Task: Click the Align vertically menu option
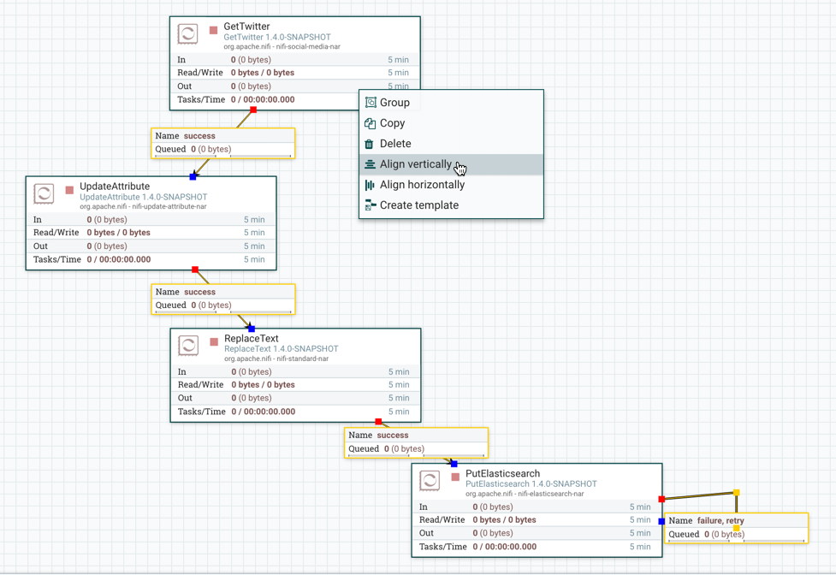[416, 164]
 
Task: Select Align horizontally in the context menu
[422, 185]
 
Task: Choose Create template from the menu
[418, 205]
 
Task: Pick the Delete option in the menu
[395, 144]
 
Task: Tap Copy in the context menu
[392, 123]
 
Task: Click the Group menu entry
[394, 103]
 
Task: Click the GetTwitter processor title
[246, 27]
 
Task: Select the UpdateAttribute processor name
[115, 187]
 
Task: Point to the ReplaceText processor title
[252, 339]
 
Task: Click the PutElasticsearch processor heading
[502, 473]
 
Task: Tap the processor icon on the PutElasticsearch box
[430, 481]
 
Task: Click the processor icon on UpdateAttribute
[44, 193]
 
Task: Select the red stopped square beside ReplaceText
[214, 342]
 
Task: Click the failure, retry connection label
[720, 520]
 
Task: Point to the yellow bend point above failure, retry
[736, 493]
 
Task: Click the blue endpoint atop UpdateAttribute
[193, 177]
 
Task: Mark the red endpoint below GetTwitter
[253, 110]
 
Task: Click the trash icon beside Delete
[370, 144]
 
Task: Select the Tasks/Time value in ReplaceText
[264, 412]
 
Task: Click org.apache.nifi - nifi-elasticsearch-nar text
[525, 494]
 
